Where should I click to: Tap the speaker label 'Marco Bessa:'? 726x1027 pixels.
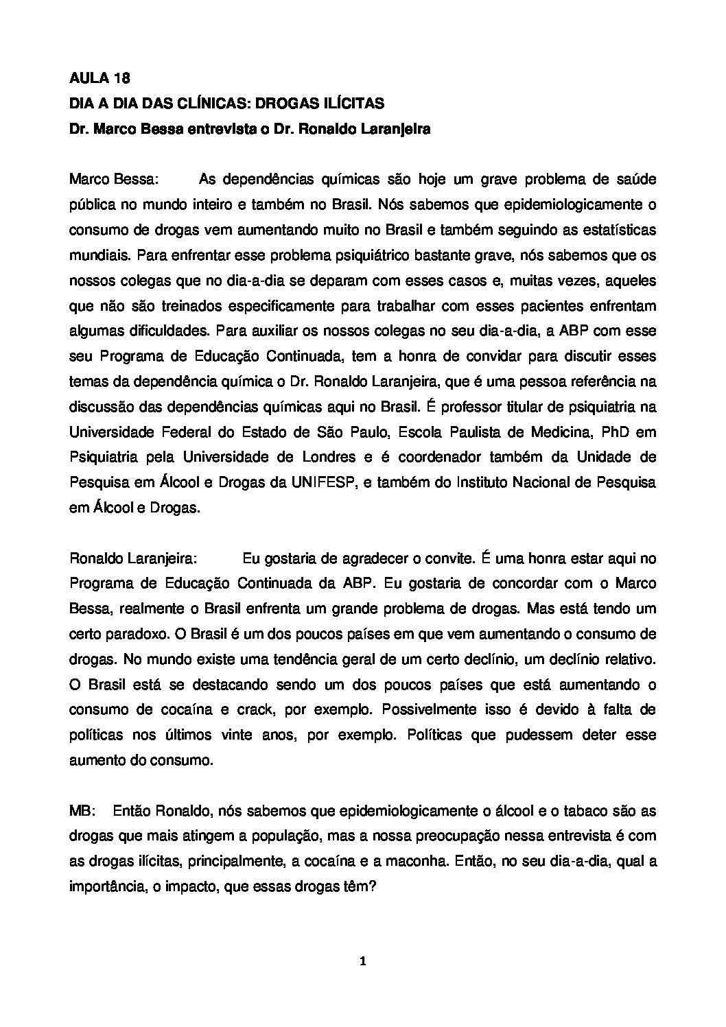114,179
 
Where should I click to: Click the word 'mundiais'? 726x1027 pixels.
100,255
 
